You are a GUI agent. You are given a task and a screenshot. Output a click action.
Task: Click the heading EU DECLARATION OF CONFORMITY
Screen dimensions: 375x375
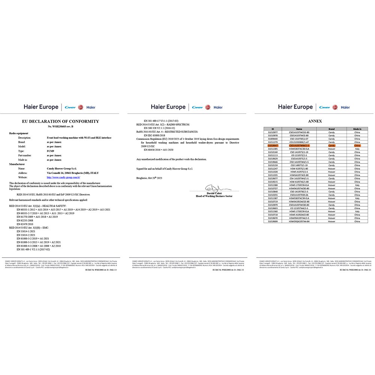[61, 121]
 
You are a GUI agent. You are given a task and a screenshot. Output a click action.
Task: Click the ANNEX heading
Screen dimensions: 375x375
[315, 121]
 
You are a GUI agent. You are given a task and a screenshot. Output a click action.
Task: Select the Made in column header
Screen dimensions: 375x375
[357, 129]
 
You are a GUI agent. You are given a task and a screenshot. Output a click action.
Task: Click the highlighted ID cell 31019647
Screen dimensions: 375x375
[273, 145]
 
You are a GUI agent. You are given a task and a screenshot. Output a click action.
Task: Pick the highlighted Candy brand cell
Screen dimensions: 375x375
[331, 145]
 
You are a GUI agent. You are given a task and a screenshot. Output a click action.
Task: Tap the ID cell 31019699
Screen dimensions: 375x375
[273, 221]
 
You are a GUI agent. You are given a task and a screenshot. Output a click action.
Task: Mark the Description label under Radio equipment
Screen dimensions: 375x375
[24, 138]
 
